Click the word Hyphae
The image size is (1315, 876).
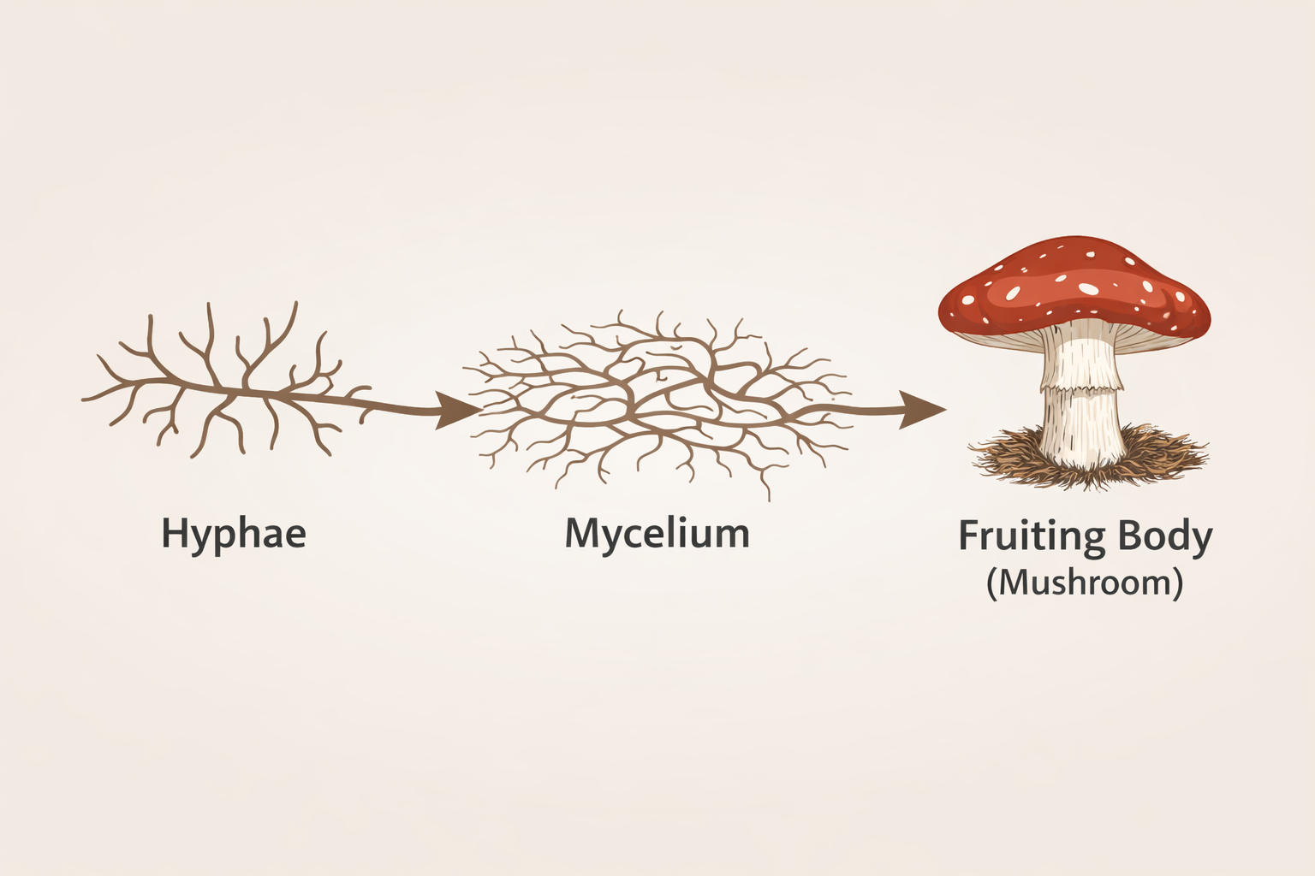233,534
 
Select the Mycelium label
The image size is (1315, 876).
657,534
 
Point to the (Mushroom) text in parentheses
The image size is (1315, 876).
1085,583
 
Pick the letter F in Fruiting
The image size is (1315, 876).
968,536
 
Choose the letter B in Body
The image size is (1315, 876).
1102,536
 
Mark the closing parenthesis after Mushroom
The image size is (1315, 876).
1178,584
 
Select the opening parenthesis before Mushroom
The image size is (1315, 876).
991,584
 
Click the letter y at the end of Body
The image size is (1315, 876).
1201,541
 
